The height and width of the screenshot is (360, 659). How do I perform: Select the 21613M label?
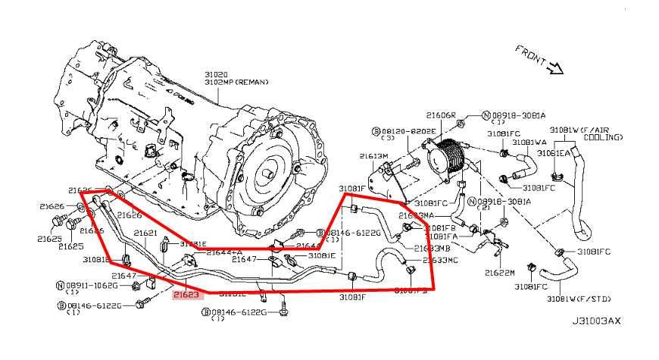[373, 155]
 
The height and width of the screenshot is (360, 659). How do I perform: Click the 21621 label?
[145, 233]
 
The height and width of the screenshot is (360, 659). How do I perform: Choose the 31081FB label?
[439, 227]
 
